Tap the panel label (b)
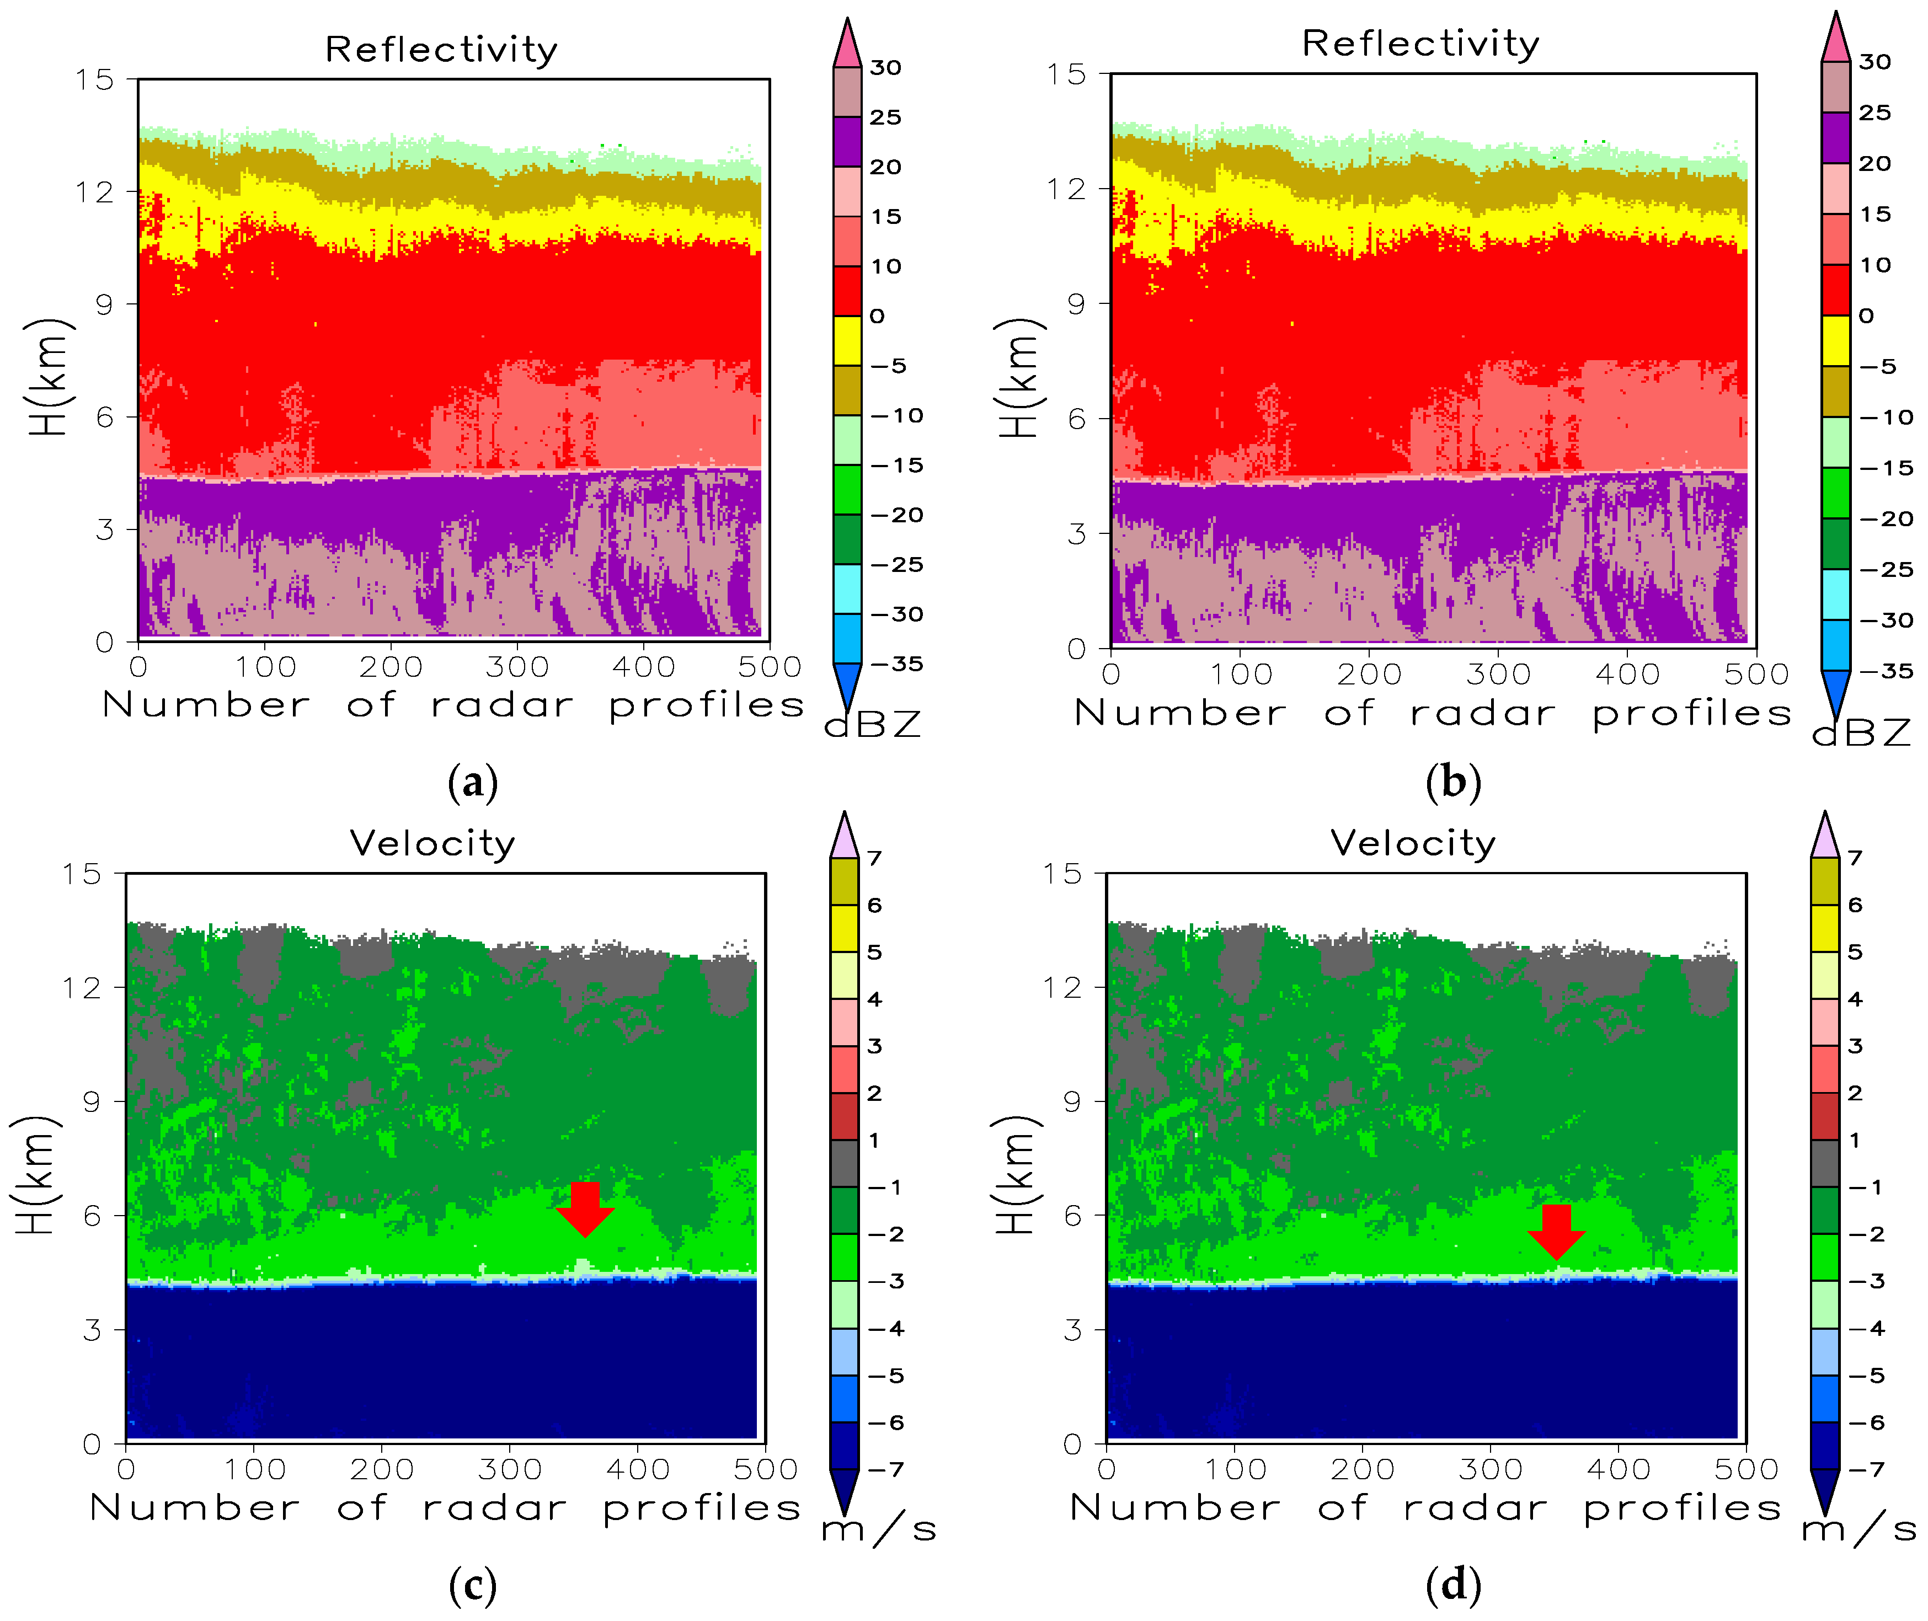pos(1453,782)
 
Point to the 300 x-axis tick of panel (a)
pos(517,667)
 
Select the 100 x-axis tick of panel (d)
pos(1235,1469)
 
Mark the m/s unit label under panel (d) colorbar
pos(1858,1529)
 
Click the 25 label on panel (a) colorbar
pos(885,117)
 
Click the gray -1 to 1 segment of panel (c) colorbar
pos(843,1163)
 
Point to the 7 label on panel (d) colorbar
pos(1855,857)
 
